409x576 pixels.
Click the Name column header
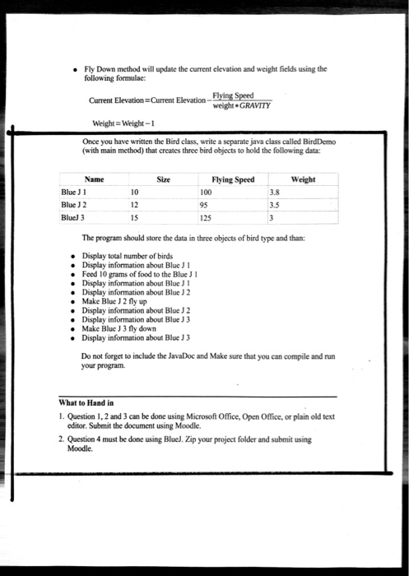coord(94,179)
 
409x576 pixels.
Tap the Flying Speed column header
coord(232,179)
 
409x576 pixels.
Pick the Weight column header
coord(303,179)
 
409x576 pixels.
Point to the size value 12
coord(135,206)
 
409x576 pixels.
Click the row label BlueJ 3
coord(77,218)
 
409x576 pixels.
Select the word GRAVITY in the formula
coord(254,106)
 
